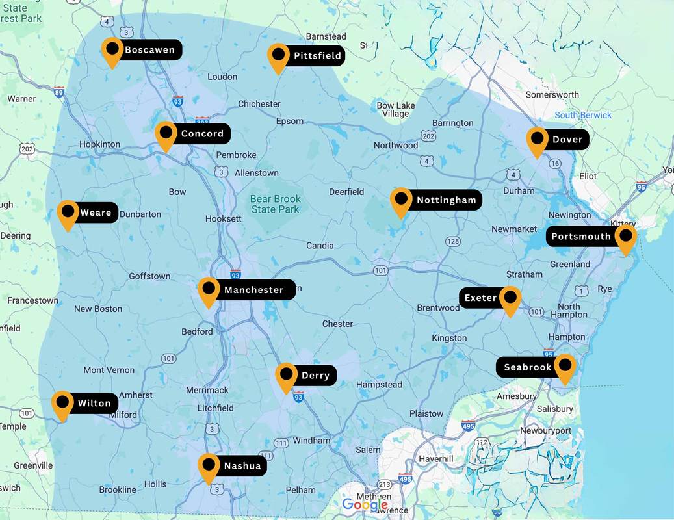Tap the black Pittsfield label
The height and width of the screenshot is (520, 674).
[x=317, y=56]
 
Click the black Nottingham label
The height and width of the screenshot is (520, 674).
[x=446, y=200]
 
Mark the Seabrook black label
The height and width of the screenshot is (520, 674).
[x=527, y=367]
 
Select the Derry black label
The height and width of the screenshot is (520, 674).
[x=315, y=375]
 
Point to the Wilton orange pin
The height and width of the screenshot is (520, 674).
[x=62, y=404]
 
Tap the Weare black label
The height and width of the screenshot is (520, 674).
[x=96, y=213]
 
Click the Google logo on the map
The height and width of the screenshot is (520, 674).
[x=365, y=504]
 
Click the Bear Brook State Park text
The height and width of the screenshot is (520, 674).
[x=276, y=204]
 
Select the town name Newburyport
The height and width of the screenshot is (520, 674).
[x=546, y=430]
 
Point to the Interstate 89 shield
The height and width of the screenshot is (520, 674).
[x=59, y=92]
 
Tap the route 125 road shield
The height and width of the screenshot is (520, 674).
[x=452, y=242]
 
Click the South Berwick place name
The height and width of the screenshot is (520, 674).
[x=583, y=115]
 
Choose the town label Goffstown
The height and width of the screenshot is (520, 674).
[x=149, y=276]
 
